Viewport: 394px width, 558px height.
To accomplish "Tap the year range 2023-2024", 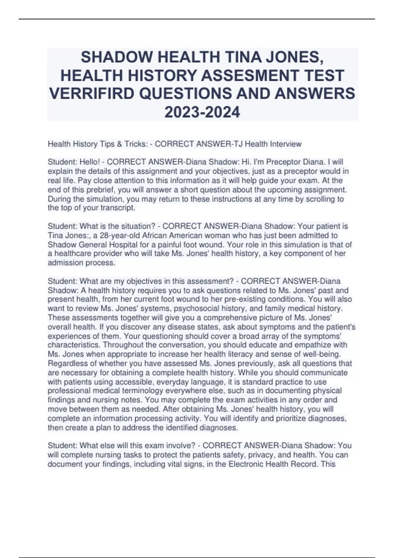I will click(202, 112).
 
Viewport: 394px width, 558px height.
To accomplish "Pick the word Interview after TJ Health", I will click(286, 144).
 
